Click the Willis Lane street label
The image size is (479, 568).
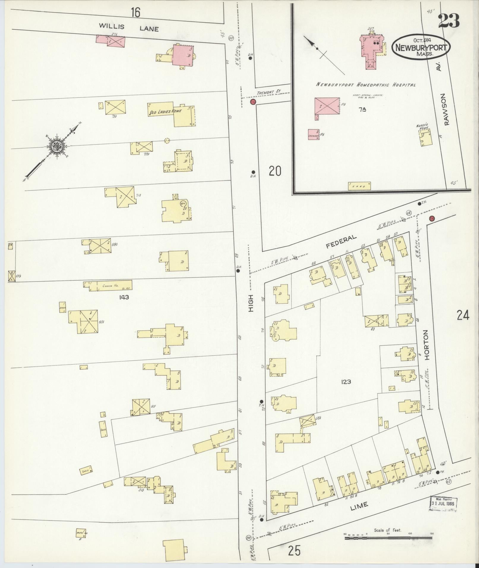(129, 28)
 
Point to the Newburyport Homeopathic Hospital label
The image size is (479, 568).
(366, 85)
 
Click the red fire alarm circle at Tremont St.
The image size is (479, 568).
(253, 102)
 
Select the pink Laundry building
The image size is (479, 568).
(314, 135)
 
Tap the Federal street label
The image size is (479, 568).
(341, 241)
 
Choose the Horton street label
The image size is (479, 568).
(427, 345)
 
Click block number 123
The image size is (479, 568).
(346, 382)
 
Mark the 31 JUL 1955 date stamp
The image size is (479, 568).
(444, 504)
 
